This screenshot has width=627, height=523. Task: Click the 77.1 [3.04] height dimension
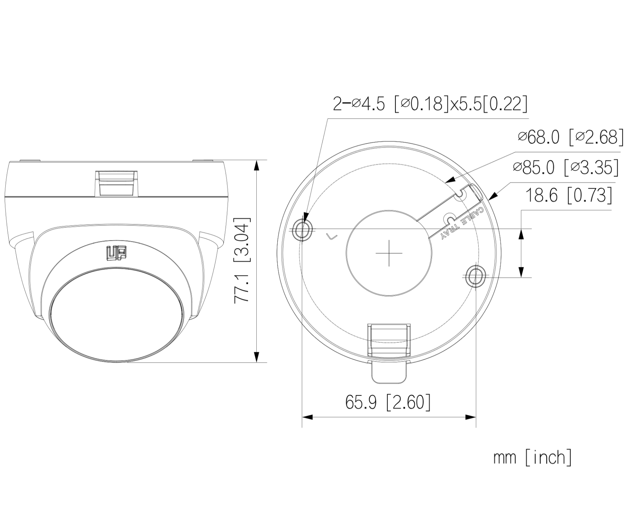click(242, 260)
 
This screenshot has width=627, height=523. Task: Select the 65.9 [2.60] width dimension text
click(388, 402)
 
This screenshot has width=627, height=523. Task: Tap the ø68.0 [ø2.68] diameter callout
click(570, 138)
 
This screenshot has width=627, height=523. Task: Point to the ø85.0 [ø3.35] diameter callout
click(566, 167)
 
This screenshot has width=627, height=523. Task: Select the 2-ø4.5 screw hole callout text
click(430, 104)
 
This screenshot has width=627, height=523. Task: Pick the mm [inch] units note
click(532, 457)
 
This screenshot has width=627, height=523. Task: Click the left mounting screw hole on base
click(302, 230)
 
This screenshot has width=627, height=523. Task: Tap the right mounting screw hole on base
click(476, 276)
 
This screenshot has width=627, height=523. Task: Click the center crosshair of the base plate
click(389, 253)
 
